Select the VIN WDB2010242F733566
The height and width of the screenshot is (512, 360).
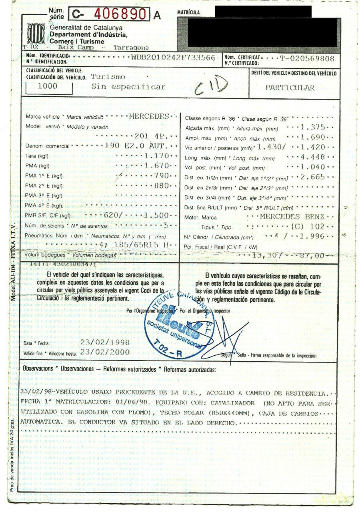[174, 58]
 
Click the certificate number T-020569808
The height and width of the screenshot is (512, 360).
[307, 58]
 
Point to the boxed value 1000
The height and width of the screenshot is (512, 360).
[47, 86]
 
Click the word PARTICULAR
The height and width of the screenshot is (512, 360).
[290, 88]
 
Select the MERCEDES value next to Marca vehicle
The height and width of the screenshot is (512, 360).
[149, 117]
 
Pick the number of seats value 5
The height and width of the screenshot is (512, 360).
[166, 225]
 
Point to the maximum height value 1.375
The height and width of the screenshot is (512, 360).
[313, 128]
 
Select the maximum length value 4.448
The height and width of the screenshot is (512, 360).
[313, 157]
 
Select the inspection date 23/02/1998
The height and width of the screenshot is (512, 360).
[105, 343]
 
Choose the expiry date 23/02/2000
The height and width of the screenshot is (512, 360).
[105, 352]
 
